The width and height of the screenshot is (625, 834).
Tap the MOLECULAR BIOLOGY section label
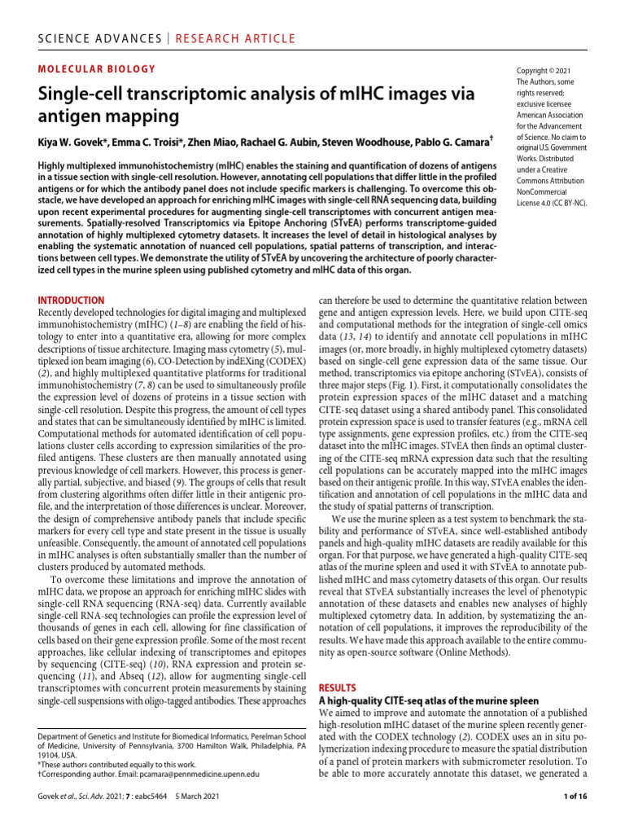[x=97, y=69]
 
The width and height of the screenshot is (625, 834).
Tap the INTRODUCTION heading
[x=72, y=301]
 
